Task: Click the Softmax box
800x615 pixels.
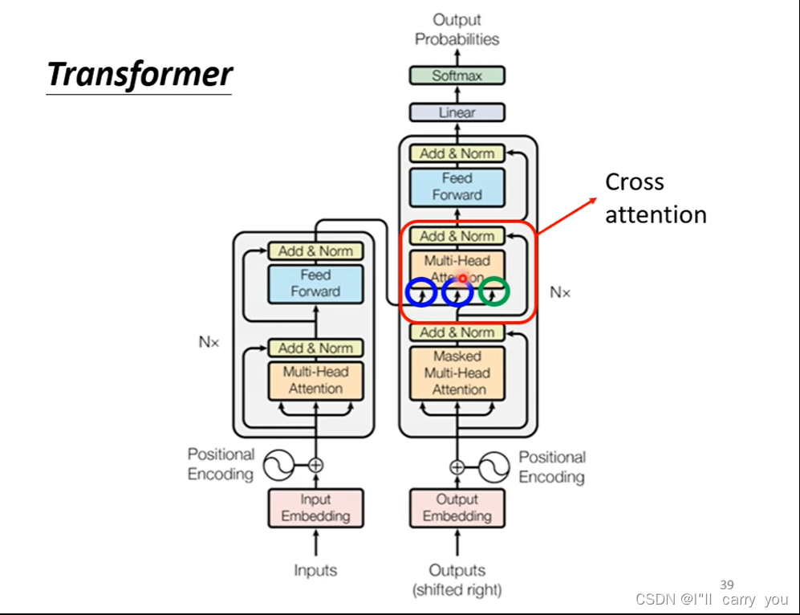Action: [x=457, y=75]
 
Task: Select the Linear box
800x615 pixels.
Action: [x=457, y=112]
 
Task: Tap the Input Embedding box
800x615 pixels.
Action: [x=316, y=508]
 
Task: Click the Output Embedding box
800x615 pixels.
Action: [x=457, y=508]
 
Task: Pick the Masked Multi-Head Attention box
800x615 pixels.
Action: [x=457, y=373]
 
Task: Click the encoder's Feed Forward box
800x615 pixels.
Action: [x=316, y=283]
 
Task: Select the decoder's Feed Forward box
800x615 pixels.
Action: [x=457, y=187]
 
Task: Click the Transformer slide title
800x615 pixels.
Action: [x=140, y=75]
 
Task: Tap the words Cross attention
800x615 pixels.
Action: [x=656, y=198]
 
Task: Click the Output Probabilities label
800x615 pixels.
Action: [x=457, y=30]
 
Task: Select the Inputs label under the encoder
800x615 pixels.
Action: [x=316, y=570]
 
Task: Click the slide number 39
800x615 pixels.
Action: [x=727, y=584]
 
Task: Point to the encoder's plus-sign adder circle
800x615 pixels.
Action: [x=316, y=465]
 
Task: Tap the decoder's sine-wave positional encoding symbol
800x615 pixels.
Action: [x=493, y=467]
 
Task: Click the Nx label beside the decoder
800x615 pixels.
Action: [x=560, y=292]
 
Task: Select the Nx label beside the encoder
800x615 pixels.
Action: [x=209, y=341]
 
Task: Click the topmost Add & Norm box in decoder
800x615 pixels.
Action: [x=457, y=153]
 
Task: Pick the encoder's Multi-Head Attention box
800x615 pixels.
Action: [x=316, y=381]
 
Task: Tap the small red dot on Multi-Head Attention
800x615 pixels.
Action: [x=462, y=278]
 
